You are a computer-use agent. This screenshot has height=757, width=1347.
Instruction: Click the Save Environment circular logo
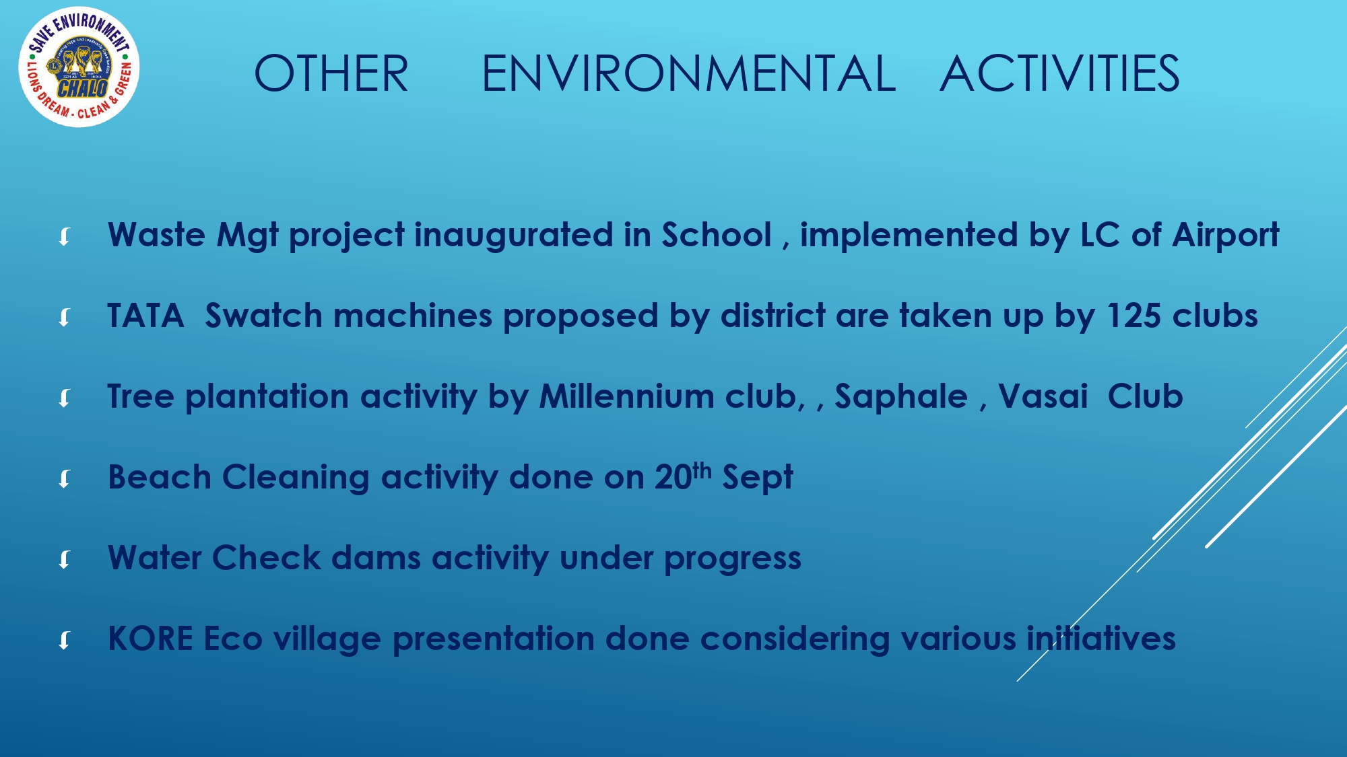(79, 67)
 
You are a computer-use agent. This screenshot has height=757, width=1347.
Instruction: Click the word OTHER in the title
(331, 73)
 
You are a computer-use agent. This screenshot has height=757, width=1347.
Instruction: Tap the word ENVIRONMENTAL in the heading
(689, 73)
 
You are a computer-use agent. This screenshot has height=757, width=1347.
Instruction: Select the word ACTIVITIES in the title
(1059, 73)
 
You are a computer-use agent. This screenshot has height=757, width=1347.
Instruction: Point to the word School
(717, 235)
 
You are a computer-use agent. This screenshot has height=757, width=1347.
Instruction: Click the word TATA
(145, 316)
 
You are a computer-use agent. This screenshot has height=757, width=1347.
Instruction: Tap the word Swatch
(264, 316)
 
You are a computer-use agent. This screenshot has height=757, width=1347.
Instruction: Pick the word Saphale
(901, 398)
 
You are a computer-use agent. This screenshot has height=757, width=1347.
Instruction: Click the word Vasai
(1043, 396)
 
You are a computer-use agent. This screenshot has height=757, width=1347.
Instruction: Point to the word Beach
(160, 477)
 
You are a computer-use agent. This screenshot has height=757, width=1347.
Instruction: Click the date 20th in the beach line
(683, 476)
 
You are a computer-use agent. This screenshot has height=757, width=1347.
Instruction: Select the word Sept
(758, 478)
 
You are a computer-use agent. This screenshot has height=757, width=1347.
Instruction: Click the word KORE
(150, 639)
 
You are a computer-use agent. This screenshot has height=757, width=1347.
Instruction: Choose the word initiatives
(1101, 639)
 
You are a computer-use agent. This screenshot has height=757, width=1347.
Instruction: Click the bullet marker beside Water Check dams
(65, 559)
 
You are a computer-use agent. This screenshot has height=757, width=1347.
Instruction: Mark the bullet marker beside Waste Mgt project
(65, 236)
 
